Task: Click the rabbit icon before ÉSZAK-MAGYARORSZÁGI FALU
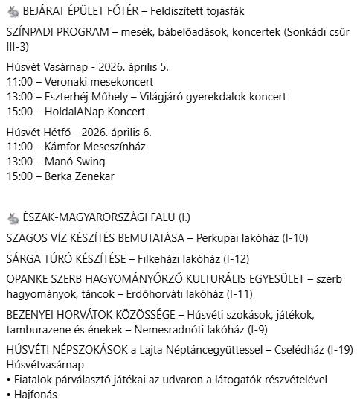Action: (13, 217)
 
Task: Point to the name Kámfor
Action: (62, 147)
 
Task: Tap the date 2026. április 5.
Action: (133, 67)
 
